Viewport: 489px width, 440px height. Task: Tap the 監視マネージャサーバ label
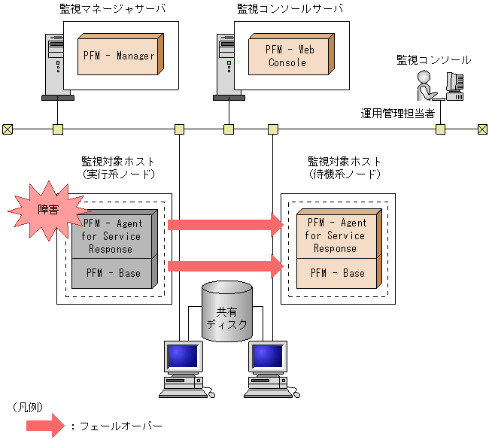[x=112, y=9]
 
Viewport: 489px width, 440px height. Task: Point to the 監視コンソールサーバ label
[x=290, y=9]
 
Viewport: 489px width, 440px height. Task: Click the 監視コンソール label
[x=434, y=59]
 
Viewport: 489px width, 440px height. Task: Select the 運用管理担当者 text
[x=398, y=114]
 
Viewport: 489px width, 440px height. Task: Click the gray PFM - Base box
[x=113, y=273]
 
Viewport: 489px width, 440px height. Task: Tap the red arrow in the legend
[x=43, y=426]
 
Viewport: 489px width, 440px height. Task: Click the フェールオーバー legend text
[x=120, y=426]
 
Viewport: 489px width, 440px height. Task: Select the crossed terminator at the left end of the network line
[x=7, y=129]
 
